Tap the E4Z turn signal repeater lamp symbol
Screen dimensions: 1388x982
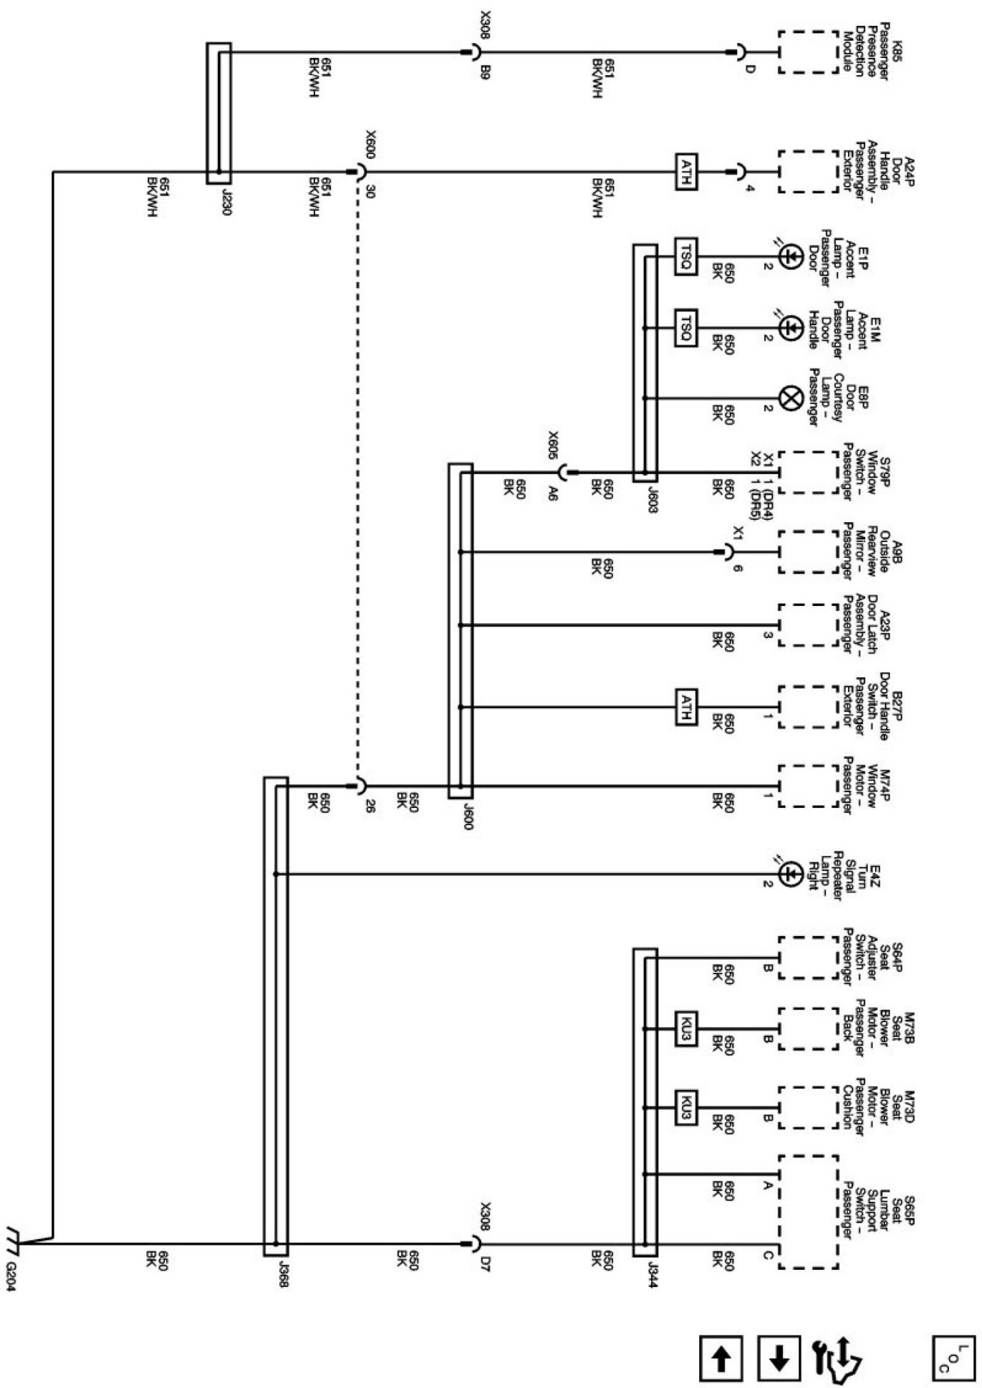click(x=789, y=874)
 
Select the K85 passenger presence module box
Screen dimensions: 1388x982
click(x=808, y=52)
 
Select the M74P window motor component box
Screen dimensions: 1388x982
click(x=808, y=786)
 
